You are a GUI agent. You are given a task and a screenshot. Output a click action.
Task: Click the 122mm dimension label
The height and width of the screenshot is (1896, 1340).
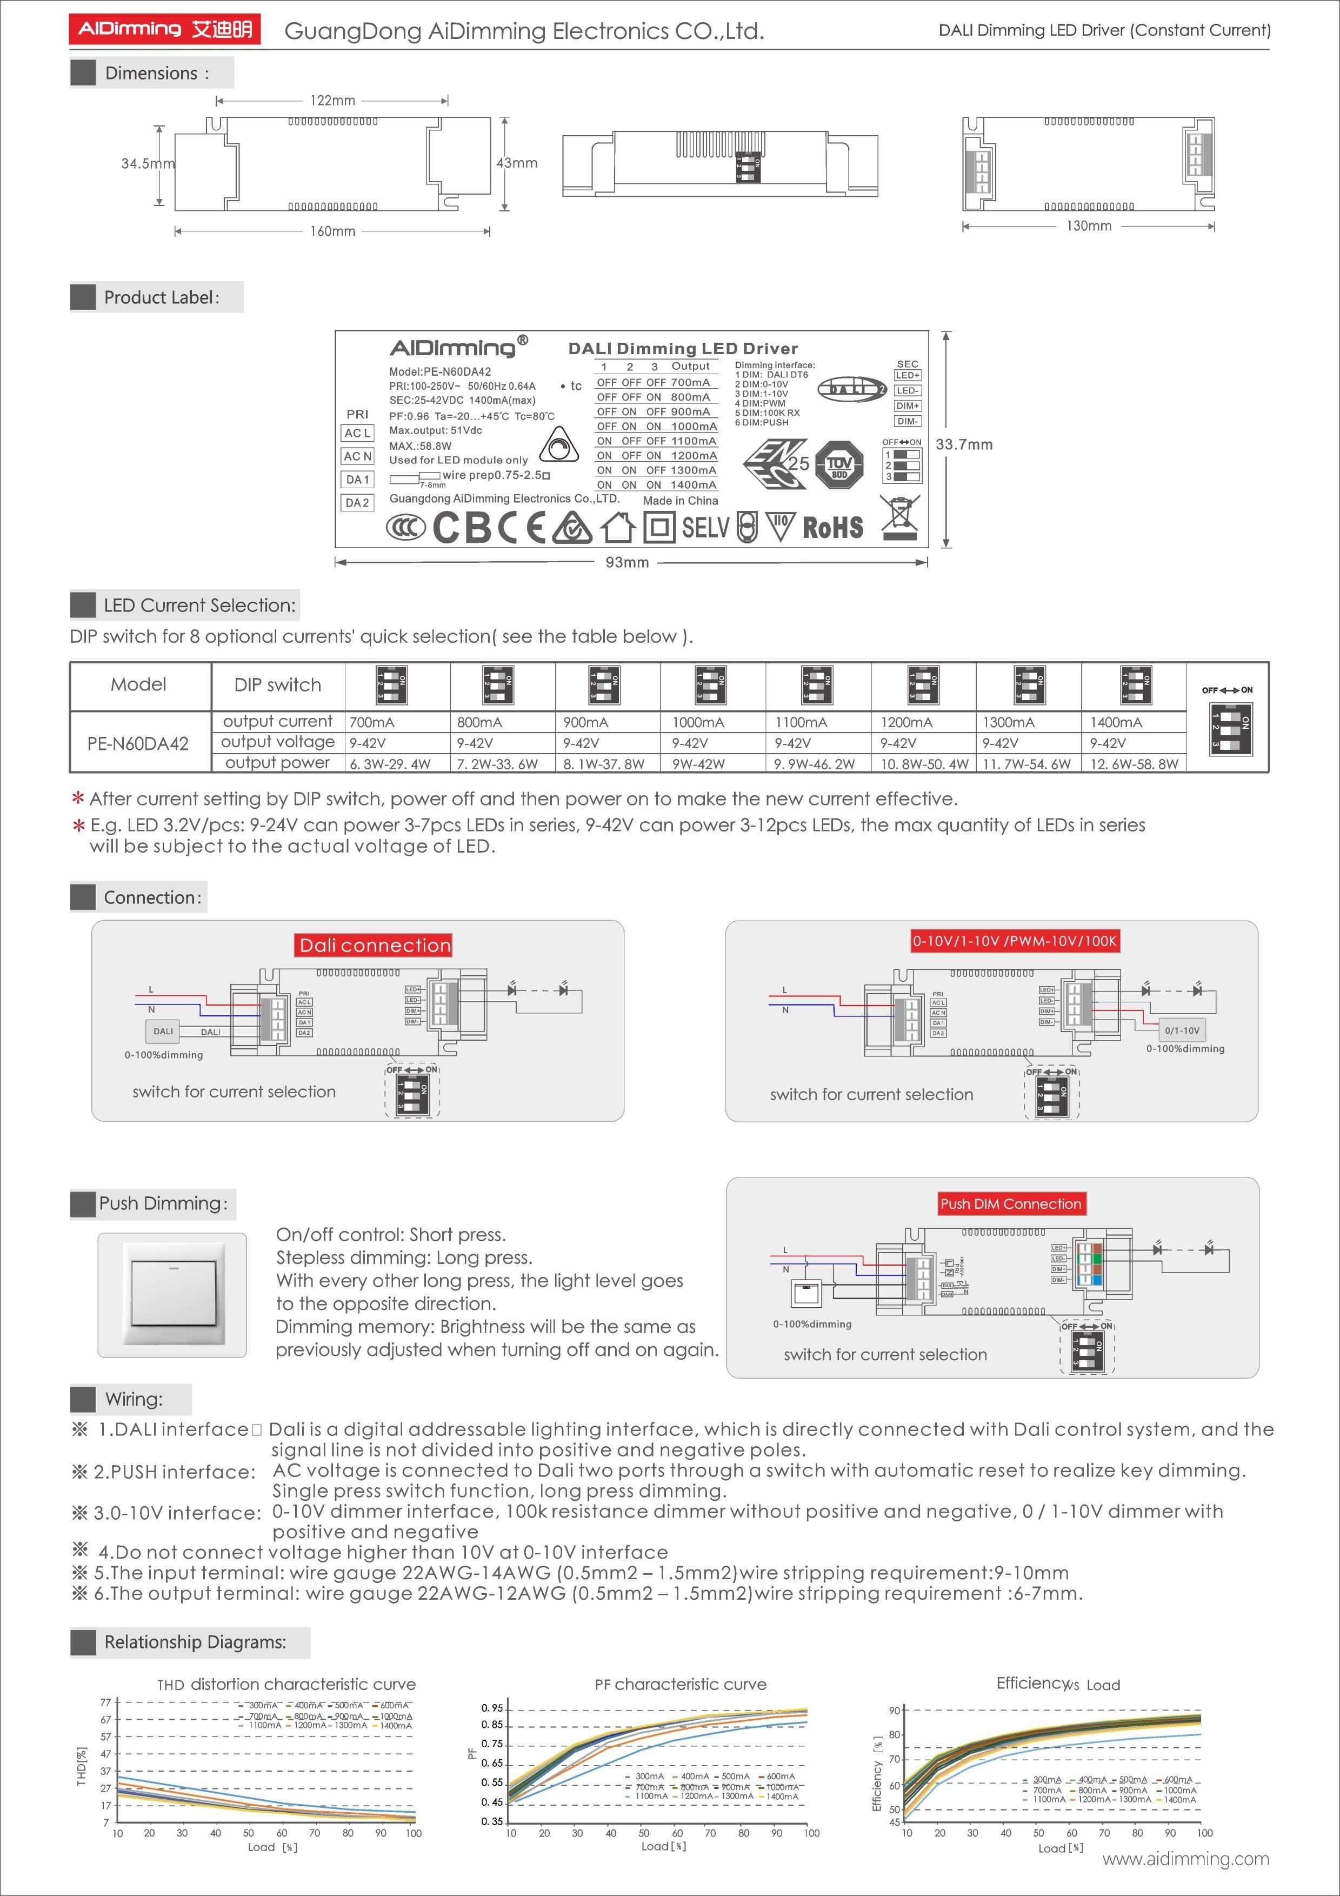pyautogui.click(x=333, y=101)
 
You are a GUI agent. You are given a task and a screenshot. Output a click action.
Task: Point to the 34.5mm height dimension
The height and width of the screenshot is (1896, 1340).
pyautogui.click(x=147, y=163)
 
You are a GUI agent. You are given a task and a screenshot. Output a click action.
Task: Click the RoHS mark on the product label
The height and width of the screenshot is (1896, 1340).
pyautogui.click(x=832, y=528)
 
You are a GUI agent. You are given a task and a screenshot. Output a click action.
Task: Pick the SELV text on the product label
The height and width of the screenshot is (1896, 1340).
pyautogui.click(x=706, y=527)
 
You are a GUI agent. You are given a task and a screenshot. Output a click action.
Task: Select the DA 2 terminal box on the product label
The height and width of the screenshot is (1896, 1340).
pyautogui.click(x=357, y=503)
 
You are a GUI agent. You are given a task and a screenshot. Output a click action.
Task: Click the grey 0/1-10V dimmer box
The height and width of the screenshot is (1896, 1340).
pyautogui.click(x=1182, y=1030)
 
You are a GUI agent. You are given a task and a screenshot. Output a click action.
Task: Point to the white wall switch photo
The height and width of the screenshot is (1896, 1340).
pyautogui.click(x=172, y=1295)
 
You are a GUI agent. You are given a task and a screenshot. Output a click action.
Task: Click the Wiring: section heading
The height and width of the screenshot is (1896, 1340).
pyautogui.click(x=134, y=1399)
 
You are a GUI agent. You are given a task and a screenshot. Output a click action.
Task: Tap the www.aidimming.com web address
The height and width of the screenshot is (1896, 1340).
pyautogui.click(x=1185, y=1859)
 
